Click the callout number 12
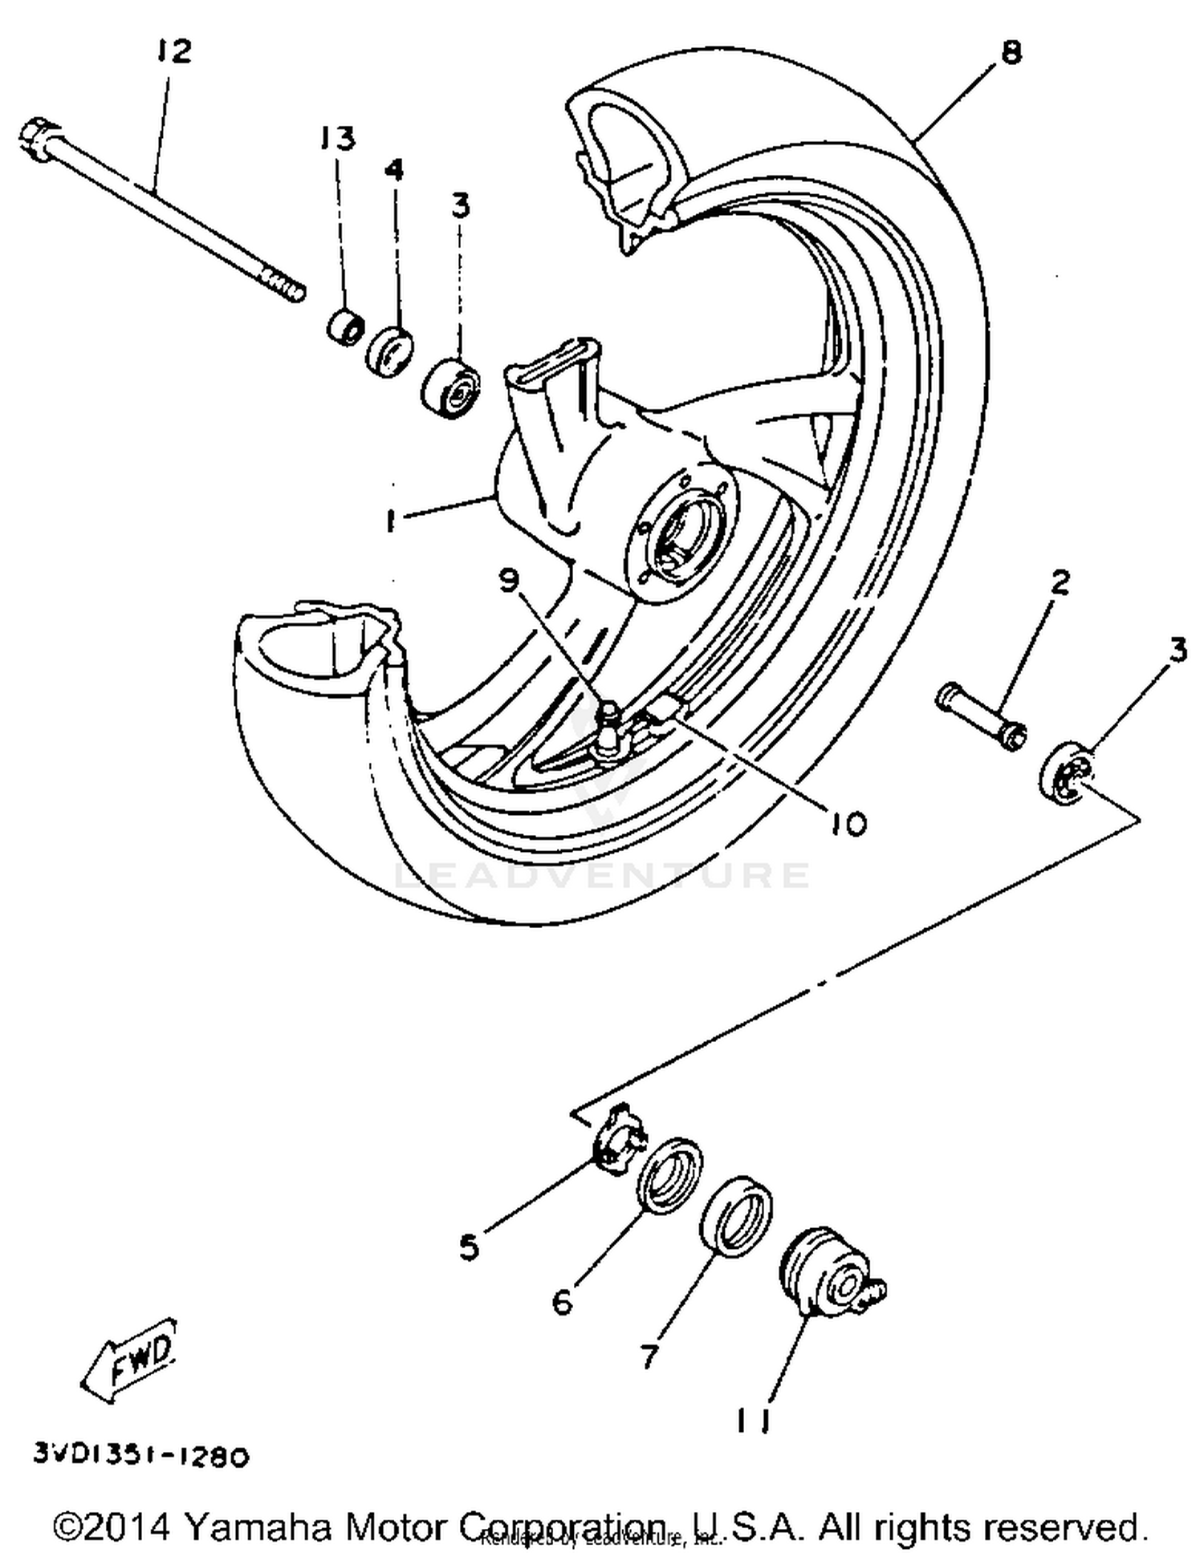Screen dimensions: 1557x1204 coord(174,51)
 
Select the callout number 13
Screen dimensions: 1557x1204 coord(337,138)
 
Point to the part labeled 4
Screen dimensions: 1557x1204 coord(390,351)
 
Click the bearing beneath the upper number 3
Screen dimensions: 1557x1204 coord(451,389)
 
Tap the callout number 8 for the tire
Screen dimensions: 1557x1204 coord(1011,52)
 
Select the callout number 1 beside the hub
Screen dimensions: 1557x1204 coord(391,521)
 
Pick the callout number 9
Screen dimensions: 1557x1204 coord(509,580)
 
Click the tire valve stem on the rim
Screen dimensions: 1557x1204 coord(610,726)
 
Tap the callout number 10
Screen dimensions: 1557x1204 coord(848,823)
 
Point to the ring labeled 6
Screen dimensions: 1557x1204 coord(669,1175)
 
